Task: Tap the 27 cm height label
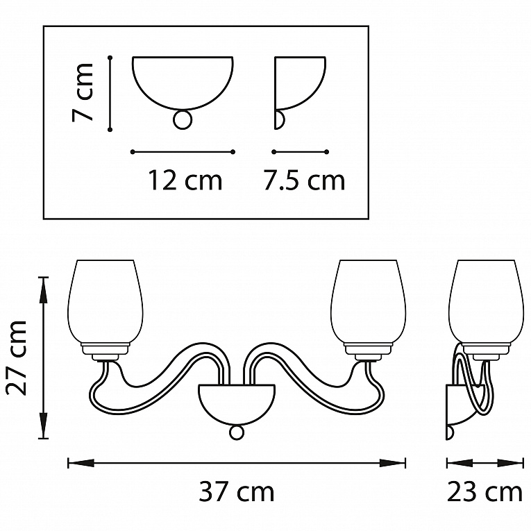pos(16,357)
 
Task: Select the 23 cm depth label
pos(484,492)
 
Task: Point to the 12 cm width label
pos(185,180)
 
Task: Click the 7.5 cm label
pos(304,180)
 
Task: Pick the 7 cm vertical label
pos(82,92)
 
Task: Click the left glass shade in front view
pos(106,302)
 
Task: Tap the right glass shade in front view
pos(368,302)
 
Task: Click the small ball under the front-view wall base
pos(237,432)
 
